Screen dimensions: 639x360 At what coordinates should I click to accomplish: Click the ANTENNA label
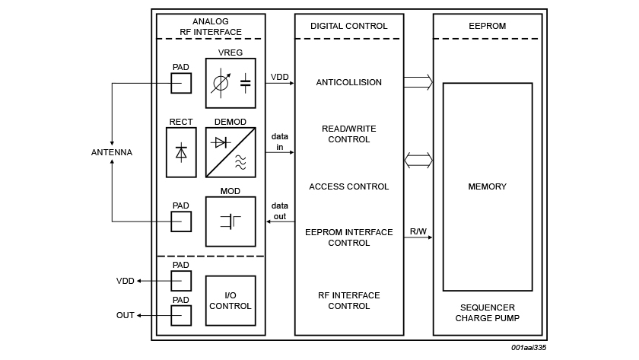[x=112, y=152]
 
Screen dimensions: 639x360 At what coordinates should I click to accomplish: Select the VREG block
[x=230, y=83]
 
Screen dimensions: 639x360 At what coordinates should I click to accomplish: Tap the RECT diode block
[x=181, y=152]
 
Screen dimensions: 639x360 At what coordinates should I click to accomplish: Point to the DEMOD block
[x=230, y=152]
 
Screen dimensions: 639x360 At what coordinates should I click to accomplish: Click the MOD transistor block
[x=230, y=221]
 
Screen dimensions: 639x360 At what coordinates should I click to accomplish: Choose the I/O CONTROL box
[x=230, y=301]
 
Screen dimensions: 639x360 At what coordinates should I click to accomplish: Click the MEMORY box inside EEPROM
[x=488, y=186]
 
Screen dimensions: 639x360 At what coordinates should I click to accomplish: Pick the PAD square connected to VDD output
[x=181, y=281]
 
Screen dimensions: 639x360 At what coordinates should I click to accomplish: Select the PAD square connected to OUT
[x=181, y=315]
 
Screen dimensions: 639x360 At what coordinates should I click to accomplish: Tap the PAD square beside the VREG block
[x=181, y=83]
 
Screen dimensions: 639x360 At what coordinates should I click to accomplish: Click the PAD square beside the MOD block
[x=181, y=221]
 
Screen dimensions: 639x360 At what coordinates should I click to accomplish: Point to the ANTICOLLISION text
[x=349, y=82]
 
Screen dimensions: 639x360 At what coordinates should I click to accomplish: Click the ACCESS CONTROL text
[x=349, y=186]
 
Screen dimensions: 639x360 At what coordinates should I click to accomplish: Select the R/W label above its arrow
[x=418, y=231]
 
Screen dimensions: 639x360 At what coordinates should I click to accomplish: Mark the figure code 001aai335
[x=529, y=348]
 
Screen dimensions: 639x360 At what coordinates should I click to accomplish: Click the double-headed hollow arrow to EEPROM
[x=418, y=161]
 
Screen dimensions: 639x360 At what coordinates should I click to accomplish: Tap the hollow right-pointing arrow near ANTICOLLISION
[x=418, y=82]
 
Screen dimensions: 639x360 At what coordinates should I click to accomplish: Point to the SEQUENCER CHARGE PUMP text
[x=488, y=313]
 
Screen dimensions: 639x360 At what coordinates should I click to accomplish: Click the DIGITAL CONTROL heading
[x=349, y=26]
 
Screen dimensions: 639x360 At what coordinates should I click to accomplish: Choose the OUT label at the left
[x=125, y=315]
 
